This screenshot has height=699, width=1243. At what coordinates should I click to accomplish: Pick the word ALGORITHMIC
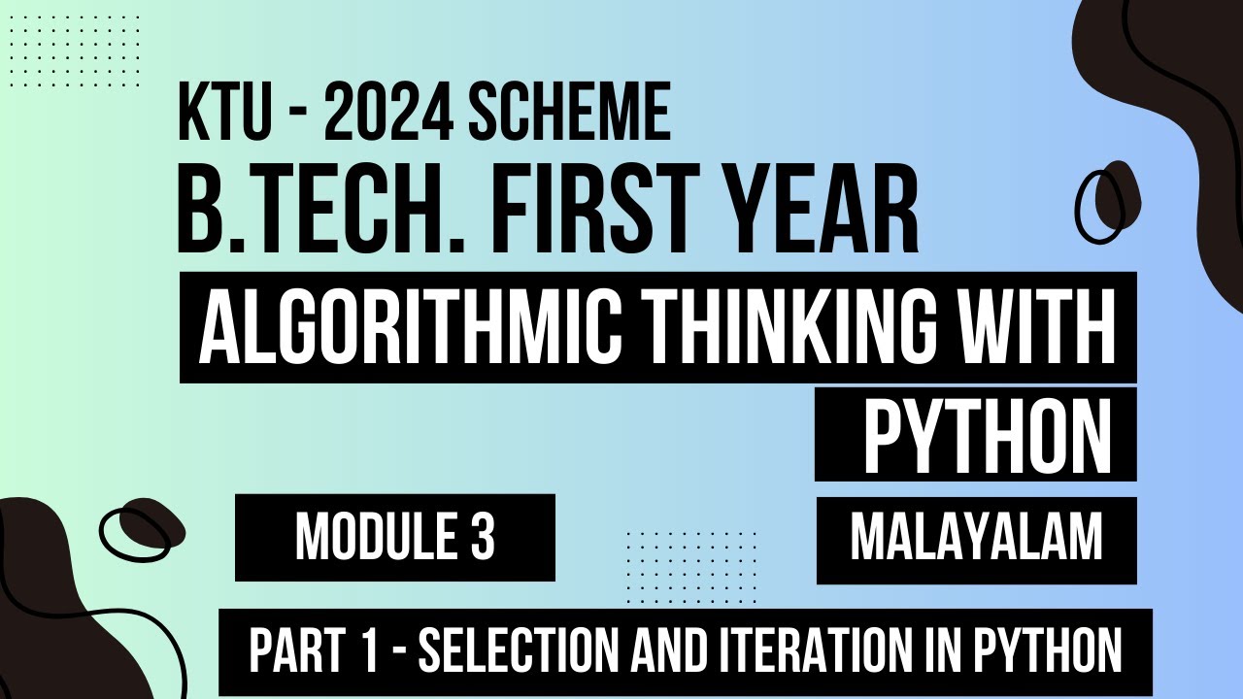click(x=406, y=327)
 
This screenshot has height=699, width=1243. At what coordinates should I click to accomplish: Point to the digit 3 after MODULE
click(x=482, y=538)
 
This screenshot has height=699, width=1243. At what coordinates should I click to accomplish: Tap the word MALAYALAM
click(x=976, y=538)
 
